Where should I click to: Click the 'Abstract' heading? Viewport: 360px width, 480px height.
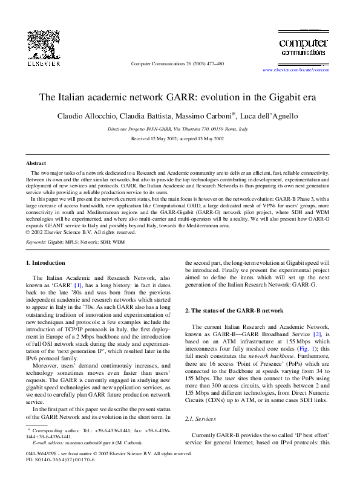click(36, 163)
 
